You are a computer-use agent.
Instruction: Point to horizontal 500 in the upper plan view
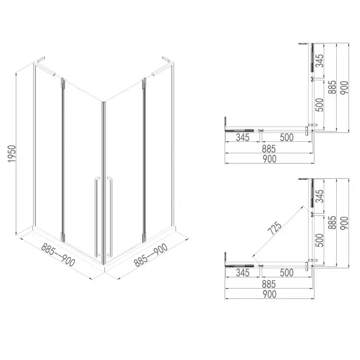pos(283,138)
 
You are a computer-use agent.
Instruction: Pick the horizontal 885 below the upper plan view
pos(269,148)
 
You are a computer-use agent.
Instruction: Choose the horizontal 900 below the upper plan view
pos(269,159)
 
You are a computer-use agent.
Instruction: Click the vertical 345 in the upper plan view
pos(320,61)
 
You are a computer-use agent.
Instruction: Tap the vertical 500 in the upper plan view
pos(320,104)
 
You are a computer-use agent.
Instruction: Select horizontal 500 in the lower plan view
pos(283,273)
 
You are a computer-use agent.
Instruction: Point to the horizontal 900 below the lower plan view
pos(269,294)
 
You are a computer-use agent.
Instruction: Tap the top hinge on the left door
pos(62,83)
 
